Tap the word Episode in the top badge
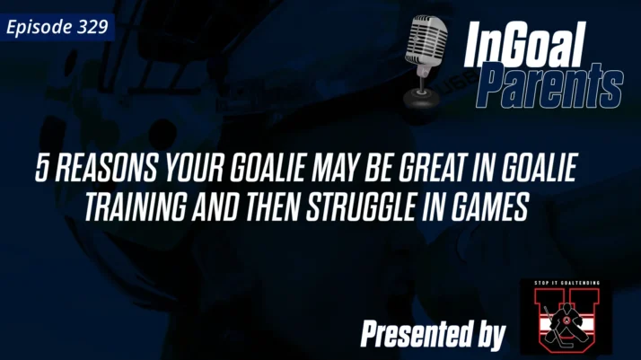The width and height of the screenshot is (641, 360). coord(41,27)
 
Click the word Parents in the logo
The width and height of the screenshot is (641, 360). coord(547,87)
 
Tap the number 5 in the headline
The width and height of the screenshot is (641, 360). coord(41,171)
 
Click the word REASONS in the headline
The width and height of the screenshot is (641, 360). coord(100,171)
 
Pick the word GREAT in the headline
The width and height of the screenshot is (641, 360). coord(422,171)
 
